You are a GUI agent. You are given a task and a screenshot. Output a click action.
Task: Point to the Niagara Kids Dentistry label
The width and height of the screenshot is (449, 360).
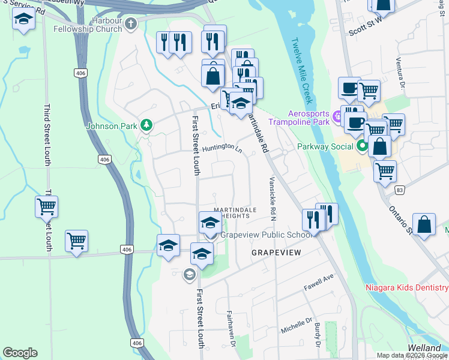[407, 288]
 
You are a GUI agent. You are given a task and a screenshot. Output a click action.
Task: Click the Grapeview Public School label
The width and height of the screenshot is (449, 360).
[267, 235]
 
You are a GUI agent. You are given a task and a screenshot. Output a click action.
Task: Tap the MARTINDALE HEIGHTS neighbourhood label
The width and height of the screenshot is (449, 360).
[236, 212]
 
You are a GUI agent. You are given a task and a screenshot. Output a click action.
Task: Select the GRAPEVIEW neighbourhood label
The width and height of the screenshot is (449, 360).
[275, 253]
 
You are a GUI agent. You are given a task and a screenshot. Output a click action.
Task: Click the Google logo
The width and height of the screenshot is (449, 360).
[20, 353]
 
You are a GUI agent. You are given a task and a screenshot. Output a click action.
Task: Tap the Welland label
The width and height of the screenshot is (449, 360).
[424, 348]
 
